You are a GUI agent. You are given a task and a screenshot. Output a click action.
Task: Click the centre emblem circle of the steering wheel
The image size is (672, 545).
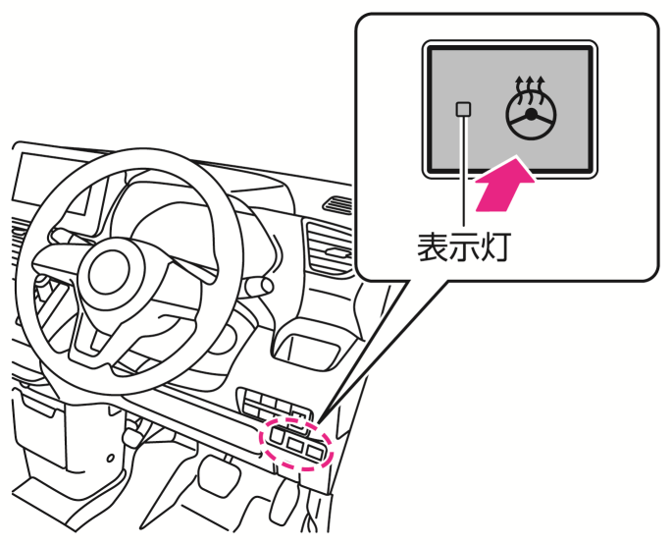[x=109, y=273]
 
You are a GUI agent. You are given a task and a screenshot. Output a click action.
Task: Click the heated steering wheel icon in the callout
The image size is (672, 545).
[x=531, y=108]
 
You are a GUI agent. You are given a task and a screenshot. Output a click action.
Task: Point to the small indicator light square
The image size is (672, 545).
[x=463, y=109]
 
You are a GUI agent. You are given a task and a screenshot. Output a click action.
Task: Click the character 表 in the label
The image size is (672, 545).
[x=433, y=246]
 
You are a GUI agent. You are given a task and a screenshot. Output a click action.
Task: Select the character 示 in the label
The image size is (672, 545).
[x=464, y=246]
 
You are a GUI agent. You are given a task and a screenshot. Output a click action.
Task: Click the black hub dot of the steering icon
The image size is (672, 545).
[x=531, y=114]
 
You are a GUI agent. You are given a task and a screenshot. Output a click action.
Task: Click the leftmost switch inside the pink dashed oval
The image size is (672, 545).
[x=278, y=436]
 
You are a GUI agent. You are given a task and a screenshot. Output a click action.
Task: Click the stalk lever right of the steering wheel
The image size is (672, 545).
[x=256, y=286]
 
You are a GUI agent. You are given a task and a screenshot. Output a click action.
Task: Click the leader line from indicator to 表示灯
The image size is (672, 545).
[x=463, y=171]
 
